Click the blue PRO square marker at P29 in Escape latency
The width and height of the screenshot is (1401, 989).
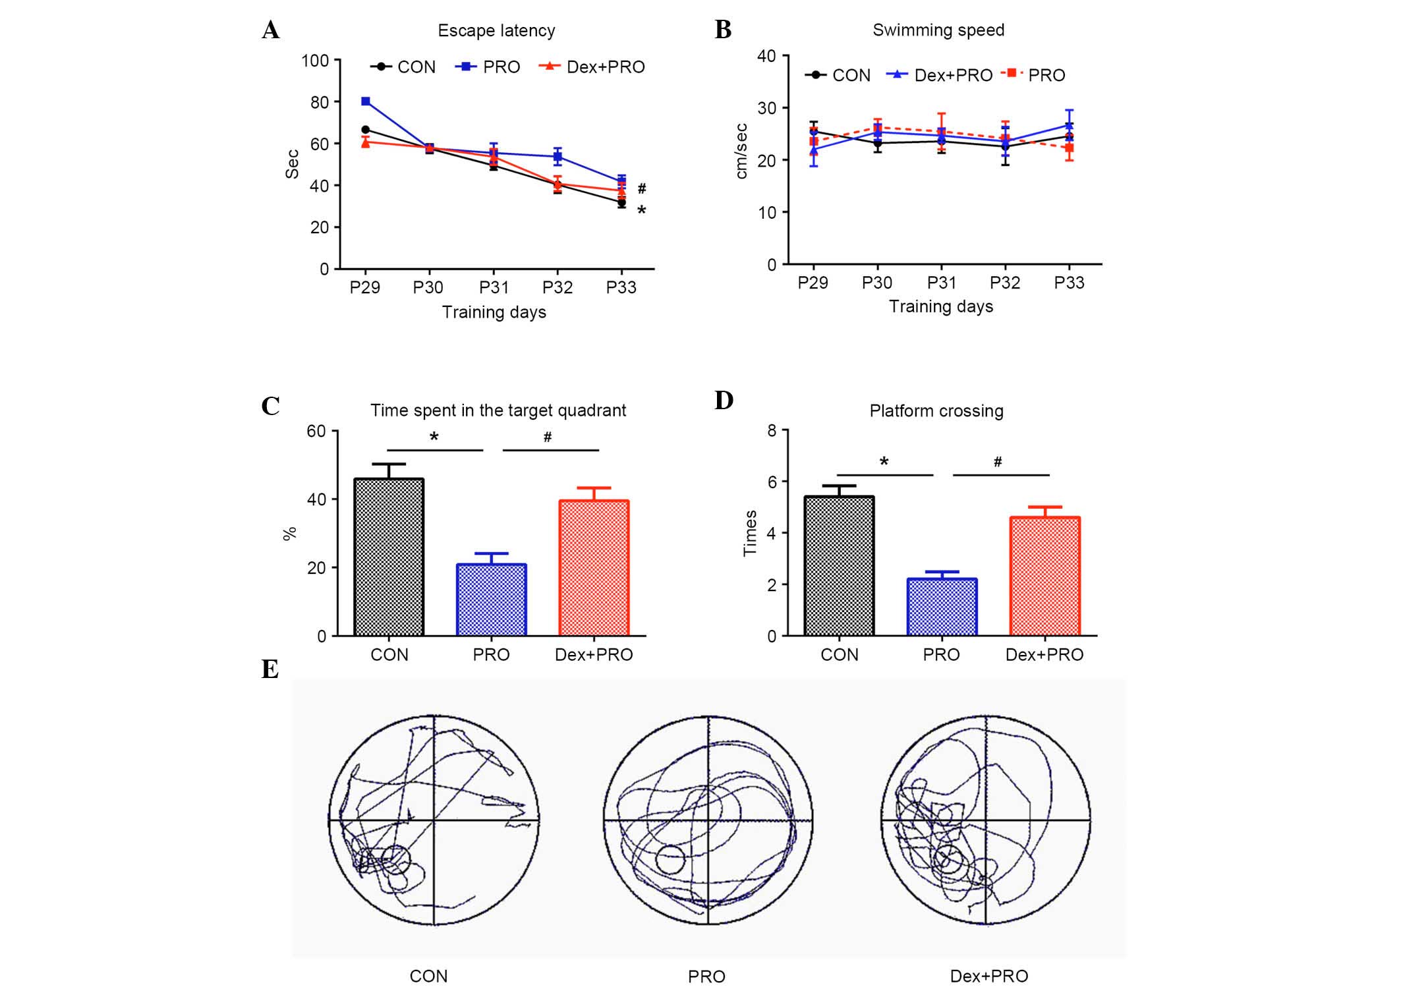coord(366,101)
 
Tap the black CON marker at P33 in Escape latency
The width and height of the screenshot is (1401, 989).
coord(621,203)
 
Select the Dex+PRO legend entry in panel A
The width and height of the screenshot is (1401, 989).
coord(592,67)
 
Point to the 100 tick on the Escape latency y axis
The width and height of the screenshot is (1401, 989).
coord(315,61)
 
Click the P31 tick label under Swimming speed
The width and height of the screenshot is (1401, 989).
coord(941,283)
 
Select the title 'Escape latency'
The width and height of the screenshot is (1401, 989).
coord(496,31)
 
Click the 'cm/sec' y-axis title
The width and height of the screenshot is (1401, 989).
coord(741,151)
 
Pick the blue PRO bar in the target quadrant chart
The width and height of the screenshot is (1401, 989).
coord(491,600)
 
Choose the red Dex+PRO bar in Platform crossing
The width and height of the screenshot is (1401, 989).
coord(1044,577)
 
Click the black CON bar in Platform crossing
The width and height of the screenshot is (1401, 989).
coord(839,566)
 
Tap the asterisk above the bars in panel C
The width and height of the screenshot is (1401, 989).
coord(434,437)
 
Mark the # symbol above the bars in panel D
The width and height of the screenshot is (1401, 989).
coord(998,463)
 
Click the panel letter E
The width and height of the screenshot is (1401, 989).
coord(270,669)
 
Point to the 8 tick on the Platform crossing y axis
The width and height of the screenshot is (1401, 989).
coord(772,431)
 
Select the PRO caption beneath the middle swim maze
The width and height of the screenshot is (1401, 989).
coord(706,976)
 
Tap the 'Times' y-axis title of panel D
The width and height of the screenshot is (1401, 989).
coord(750,533)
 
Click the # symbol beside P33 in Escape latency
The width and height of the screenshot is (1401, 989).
coord(642,189)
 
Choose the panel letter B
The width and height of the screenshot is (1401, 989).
coord(723,30)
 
